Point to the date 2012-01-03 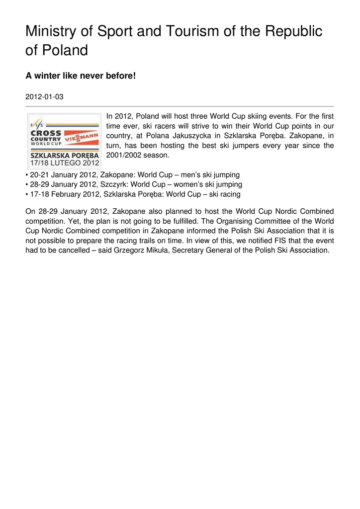tap(44, 96)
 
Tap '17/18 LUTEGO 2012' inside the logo tap(64, 162)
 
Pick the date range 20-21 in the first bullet tap(39, 175)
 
